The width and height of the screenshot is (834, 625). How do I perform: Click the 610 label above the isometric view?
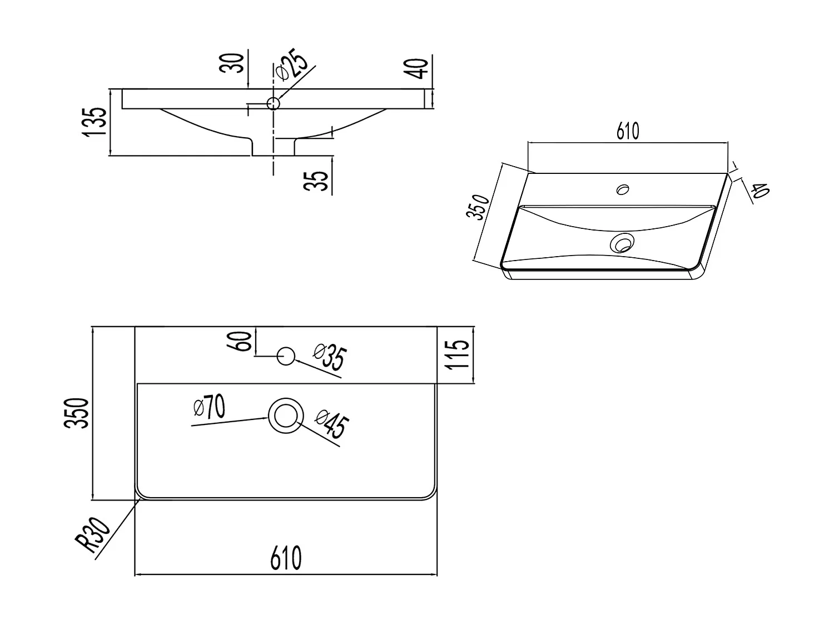pyautogui.click(x=628, y=131)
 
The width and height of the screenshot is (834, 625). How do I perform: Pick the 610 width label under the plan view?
pyautogui.click(x=286, y=558)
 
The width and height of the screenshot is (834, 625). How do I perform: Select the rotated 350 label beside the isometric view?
pyautogui.click(x=479, y=208)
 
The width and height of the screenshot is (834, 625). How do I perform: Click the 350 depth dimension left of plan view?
pyautogui.click(x=77, y=413)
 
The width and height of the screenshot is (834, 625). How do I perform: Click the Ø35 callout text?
pyautogui.click(x=329, y=358)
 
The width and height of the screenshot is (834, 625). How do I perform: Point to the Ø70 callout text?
pyautogui.click(x=210, y=408)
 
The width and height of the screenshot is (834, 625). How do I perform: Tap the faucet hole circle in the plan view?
pyautogui.click(x=286, y=356)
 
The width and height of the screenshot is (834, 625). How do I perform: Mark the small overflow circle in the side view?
pyautogui.click(x=274, y=103)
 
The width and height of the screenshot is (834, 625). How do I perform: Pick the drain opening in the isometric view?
pyautogui.click(x=622, y=243)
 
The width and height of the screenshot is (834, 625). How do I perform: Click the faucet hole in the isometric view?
pyautogui.click(x=623, y=189)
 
